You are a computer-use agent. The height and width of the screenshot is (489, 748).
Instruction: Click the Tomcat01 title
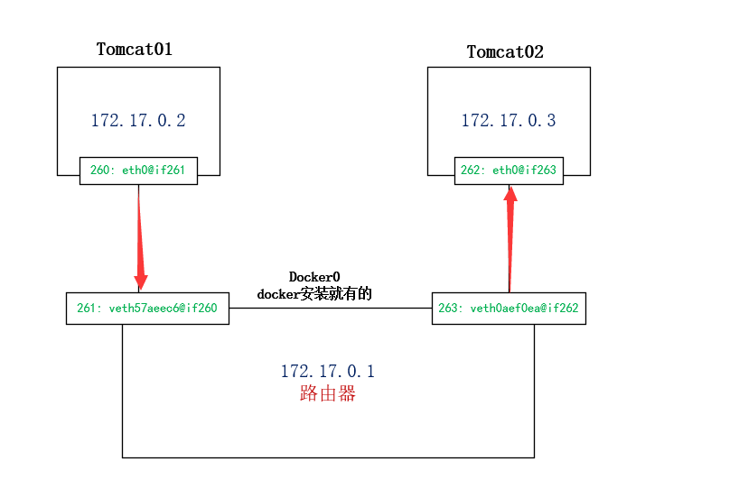(134, 50)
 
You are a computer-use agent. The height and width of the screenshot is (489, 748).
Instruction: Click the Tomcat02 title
(505, 51)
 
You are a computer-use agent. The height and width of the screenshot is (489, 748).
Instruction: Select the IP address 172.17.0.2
(138, 120)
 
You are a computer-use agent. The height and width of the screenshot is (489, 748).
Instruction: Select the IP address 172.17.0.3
(509, 120)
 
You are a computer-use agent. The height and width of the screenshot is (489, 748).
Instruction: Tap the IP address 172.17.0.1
(327, 371)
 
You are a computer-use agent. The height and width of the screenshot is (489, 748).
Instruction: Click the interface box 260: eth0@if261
(138, 170)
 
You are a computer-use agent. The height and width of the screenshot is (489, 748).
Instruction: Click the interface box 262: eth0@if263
(509, 170)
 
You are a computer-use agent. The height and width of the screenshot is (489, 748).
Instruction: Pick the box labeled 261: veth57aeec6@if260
(147, 308)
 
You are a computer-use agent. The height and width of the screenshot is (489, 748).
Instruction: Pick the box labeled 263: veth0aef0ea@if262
(509, 308)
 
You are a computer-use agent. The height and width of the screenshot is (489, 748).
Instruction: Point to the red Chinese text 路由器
(327, 393)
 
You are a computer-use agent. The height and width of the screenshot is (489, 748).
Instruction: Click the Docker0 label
(314, 276)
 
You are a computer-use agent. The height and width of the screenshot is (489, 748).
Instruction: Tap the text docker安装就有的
(314, 293)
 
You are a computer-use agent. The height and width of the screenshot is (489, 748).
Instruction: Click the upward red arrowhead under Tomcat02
(510, 194)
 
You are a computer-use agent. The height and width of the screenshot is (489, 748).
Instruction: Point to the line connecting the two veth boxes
(330, 308)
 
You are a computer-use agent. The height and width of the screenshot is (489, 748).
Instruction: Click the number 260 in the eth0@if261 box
(99, 170)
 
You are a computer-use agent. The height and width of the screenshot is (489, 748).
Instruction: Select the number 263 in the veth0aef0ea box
(447, 308)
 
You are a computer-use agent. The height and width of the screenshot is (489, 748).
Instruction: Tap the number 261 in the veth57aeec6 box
(86, 308)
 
